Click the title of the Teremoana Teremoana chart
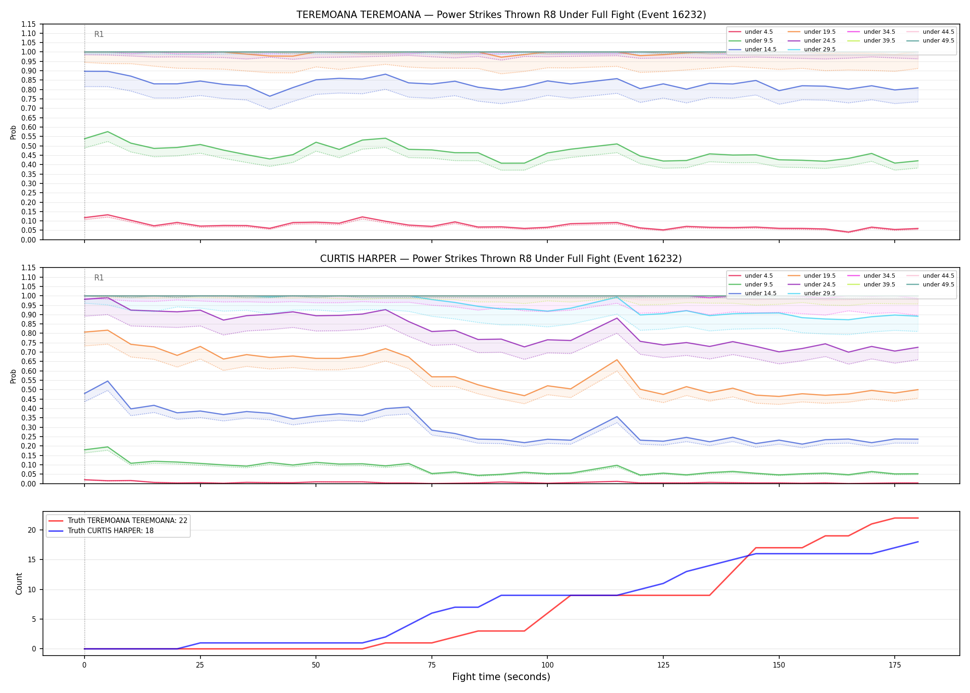point(501,15)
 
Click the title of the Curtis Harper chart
point(501,259)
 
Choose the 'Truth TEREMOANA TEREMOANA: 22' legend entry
point(118,521)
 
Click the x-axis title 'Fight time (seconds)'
point(501,677)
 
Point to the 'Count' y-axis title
point(19,584)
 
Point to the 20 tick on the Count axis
point(32,530)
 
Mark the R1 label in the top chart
point(99,34)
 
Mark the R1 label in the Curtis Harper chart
point(99,278)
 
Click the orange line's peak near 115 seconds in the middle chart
point(617,360)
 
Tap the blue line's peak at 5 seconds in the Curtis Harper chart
point(108,381)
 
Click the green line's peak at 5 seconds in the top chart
point(108,132)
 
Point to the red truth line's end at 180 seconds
point(918,518)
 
